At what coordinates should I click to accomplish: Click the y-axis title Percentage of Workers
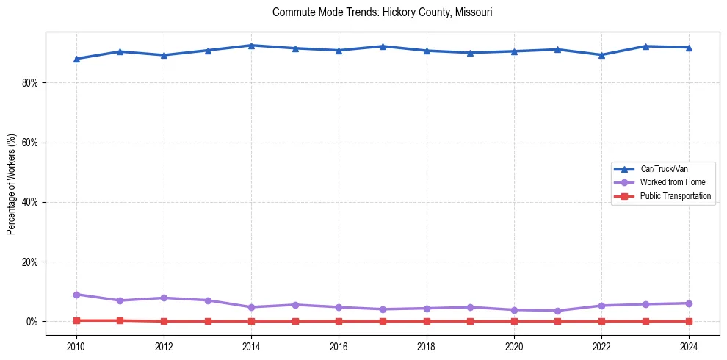pos(11,184)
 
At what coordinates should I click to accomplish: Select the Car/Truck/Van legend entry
pos(664,169)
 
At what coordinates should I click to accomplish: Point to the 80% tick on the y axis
pos(29,83)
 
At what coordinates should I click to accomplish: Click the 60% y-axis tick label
pos(29,143)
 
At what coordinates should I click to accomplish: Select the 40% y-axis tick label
pos(29,202)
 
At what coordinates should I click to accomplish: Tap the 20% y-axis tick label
pos(29,262)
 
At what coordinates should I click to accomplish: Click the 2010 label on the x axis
pos(76,345)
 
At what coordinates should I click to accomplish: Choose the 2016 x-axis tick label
pos(339,345)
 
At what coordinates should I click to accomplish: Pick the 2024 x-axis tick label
pos(689,345)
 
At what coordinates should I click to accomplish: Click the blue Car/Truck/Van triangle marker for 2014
pos(251,46)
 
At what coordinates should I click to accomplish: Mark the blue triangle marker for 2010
pos(76,59)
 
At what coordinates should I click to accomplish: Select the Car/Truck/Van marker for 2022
pos(601,54)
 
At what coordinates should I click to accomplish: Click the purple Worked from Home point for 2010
pos(76,295)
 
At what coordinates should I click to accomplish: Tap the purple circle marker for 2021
pos(557,311)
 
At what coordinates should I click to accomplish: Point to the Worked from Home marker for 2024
pos(689,303)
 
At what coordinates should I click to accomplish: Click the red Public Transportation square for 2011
pos(120,320)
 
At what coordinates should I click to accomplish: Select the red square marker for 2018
pos(426,321)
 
